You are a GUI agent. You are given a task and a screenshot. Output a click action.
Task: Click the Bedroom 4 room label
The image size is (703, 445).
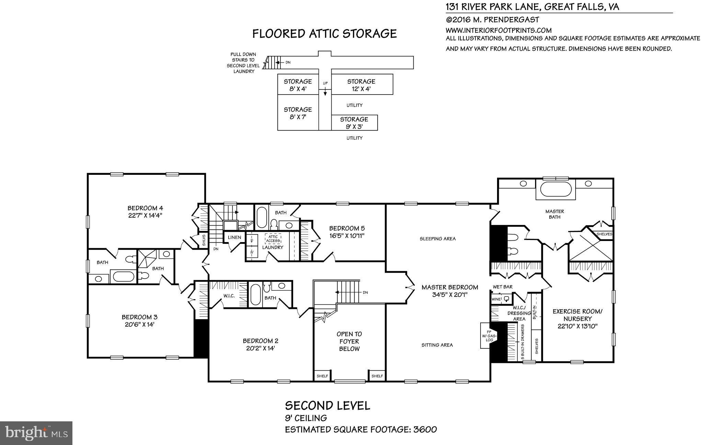[x=145, y=208]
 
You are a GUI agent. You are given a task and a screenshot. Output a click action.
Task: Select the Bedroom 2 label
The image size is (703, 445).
[x=260, y=341]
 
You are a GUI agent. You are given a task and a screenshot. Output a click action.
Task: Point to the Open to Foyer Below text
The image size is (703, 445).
[x=349, y=341]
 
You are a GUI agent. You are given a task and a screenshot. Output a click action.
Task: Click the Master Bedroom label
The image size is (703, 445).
[x=450, y=287]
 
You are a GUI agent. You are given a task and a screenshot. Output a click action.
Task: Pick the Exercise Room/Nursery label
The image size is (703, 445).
[x=577, y=315]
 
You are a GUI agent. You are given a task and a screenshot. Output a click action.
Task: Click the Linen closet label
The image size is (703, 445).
[x=234, y=237]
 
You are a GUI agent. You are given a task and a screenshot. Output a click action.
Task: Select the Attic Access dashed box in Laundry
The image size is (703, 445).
[x=273, y=239]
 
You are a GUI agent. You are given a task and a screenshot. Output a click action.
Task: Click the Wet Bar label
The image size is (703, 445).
[x=503, y=287]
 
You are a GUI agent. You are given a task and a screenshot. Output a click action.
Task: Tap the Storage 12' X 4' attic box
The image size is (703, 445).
[x=361, y=85]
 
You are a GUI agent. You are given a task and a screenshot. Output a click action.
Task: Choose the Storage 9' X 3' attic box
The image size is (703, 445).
[x=354, y=123]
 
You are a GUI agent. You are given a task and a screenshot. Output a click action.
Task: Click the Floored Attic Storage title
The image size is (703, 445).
[x=324, y=34]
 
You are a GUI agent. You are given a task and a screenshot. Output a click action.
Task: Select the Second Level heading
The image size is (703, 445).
[x=327, y=406]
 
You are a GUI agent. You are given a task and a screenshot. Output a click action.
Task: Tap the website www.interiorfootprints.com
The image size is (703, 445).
[x=498, y=30]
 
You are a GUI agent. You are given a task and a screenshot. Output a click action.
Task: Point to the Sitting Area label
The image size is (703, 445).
[x=437, y=345]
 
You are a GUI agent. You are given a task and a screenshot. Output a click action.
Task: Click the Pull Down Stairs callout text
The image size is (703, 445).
[x=243, y=63]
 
